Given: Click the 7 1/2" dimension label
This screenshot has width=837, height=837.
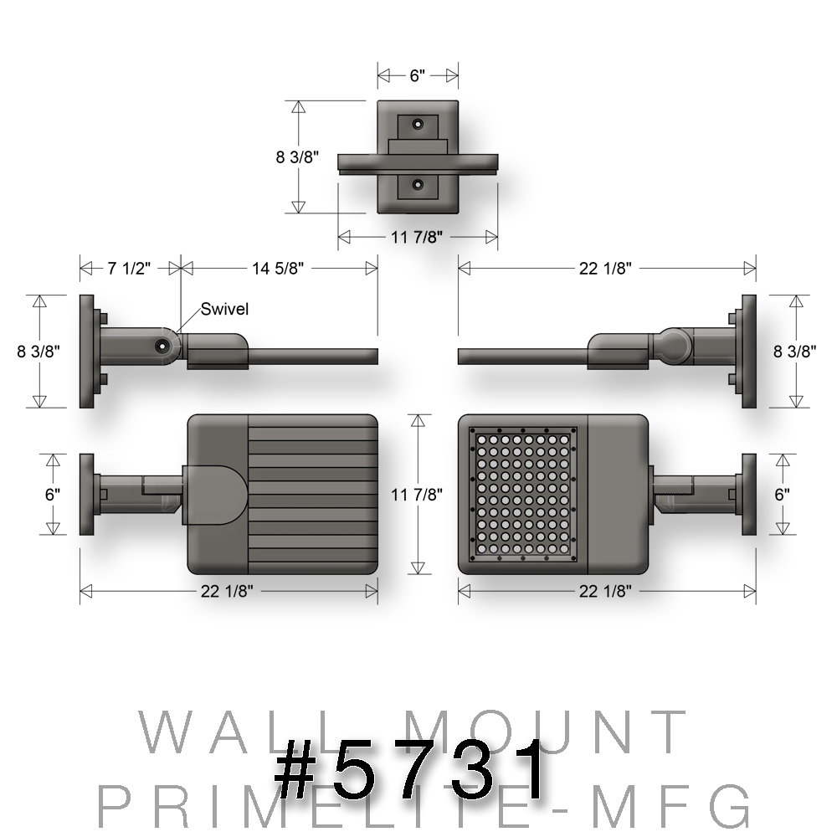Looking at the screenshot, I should pos(129,269).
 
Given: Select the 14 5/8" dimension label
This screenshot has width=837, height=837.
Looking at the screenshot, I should pos(277,269).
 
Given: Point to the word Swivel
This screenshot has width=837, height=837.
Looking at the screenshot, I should pos(224,310).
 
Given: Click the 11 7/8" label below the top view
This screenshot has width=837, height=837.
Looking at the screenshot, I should pos(417,238).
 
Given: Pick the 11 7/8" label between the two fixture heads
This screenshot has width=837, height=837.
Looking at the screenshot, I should pos(417,495).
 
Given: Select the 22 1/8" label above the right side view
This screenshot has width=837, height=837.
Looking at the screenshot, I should pos(606,269).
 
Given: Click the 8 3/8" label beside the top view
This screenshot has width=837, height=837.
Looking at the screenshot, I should pos(298,157).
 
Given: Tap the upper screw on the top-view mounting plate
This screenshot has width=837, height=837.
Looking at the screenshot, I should pos(418,123).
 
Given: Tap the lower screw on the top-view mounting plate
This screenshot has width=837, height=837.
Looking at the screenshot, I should pos(418,184).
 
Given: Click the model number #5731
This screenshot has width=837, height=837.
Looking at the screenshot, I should pos(410,768).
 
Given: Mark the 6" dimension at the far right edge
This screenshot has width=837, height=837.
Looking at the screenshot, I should pos(782,495).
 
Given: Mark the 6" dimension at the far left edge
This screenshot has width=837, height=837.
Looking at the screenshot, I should pos(54,495).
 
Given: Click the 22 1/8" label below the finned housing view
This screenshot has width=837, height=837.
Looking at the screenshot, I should pos(227,591).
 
